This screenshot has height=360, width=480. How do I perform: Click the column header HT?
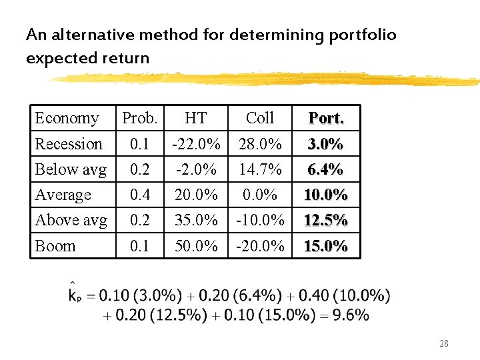pos(195,118)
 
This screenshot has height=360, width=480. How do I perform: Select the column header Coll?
pos(259,118)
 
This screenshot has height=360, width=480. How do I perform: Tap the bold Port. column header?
pos(325,118)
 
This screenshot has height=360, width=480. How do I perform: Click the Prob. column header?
pos(139,118)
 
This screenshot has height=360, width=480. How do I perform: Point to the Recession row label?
pos(69,144)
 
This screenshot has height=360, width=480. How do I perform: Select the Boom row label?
pos(55,246)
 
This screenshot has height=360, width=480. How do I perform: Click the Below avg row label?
pos(71,169)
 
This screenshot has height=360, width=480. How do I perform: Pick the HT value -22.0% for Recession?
pos(196,144)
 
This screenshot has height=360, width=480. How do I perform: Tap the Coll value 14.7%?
pos(259,169)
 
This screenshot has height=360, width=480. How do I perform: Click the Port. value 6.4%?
pos(325,169)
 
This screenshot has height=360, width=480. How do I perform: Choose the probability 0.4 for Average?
pos(139,195)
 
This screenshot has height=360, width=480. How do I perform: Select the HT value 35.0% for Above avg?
pos(196,220)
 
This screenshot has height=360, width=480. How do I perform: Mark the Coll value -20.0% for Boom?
pos(259,246)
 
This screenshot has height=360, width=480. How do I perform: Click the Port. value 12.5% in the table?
pos(325,220)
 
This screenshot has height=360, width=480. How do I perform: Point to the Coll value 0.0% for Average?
pos(259,195)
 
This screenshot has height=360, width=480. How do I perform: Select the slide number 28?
pos(443,343)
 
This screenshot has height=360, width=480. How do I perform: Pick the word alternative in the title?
pos(91,35)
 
